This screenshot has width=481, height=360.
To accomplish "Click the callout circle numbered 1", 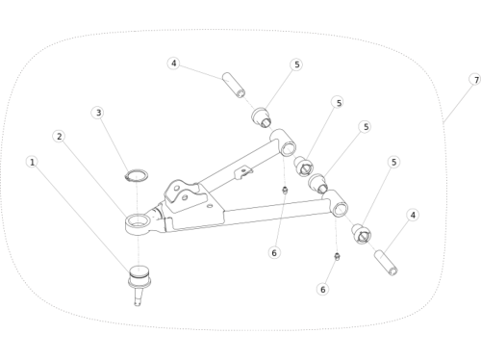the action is [32, 162].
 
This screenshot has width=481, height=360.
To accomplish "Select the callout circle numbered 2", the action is [59, 137].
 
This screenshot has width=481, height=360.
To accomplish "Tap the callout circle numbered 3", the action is [98, 113].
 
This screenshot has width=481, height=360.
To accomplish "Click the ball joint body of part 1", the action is [139, 276].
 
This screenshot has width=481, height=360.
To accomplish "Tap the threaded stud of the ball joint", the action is [138, 296].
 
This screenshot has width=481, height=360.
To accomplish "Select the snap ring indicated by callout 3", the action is [137, 175].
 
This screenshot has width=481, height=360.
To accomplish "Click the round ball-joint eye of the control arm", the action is [138, 223].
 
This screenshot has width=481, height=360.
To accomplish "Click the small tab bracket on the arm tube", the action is [243, 172].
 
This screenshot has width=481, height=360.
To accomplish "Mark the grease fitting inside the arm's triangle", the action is [285, 191].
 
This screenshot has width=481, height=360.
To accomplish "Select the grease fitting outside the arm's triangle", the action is [337, 256].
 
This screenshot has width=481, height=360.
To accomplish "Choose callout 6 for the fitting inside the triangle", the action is [274, 253].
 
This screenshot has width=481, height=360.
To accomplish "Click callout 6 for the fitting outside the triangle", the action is [323, 289].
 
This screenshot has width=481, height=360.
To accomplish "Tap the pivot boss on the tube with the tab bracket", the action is [283, 142].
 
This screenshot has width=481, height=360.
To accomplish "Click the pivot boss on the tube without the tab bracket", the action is [336, 204].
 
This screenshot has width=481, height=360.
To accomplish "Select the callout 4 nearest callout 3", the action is [173, 64].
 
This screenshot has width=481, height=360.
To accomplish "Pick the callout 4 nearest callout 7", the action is [413, 215].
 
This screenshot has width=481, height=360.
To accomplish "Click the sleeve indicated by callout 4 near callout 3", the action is [234, 85].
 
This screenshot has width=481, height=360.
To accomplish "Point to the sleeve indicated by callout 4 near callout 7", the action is [386, 263].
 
